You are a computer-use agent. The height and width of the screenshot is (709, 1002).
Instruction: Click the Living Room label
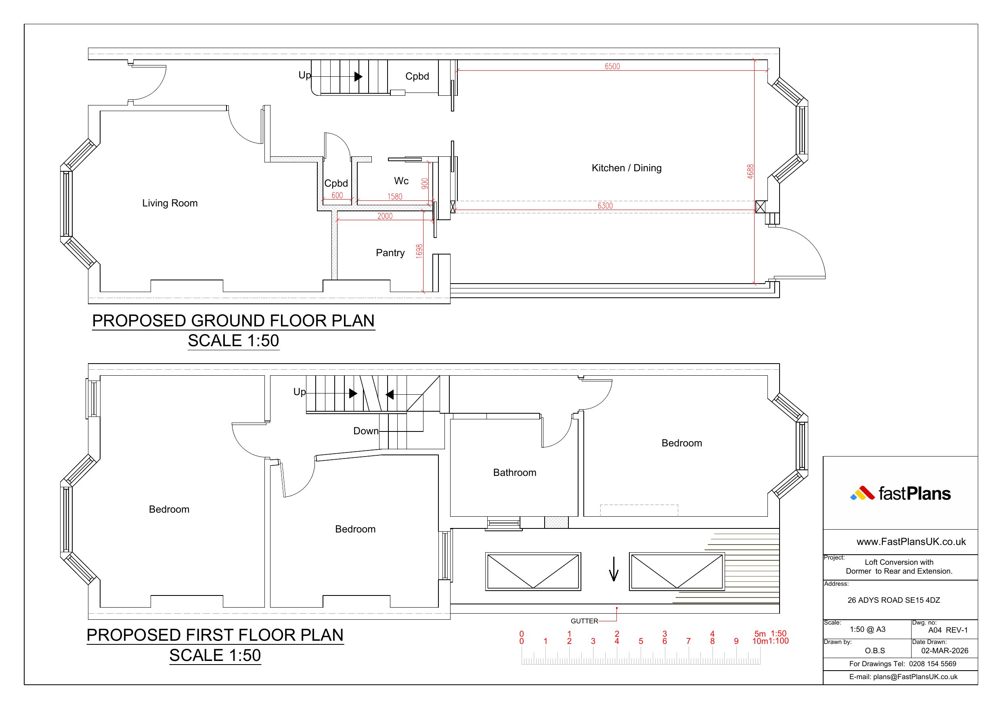(170, 203)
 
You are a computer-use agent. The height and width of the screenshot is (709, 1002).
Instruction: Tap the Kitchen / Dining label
(626, 168)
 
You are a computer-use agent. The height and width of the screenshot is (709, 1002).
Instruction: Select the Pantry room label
(390, 253)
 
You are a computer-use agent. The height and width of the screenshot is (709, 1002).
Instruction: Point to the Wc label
(401, 181)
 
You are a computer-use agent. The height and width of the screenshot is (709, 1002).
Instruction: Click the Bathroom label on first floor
(515, 473)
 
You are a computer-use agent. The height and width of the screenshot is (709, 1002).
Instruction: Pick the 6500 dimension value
(612, 66)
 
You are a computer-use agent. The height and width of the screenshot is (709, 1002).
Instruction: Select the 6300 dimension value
(605, 206)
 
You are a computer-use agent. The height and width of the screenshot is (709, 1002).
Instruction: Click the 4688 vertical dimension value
(750, 171)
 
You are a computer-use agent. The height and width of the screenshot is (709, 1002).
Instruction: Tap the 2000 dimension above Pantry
(385, 216)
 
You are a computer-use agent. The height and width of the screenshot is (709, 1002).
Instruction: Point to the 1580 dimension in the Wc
(395, 197)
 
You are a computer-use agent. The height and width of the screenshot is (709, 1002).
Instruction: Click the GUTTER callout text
(584, 621)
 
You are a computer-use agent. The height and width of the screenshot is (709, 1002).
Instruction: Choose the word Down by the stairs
(366, 431)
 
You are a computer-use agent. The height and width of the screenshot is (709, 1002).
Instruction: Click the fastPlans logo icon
(862, 493)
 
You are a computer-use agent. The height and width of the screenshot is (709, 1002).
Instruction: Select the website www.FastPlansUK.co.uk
(911, 542)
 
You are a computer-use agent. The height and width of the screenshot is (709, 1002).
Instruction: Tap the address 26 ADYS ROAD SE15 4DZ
(894, 600)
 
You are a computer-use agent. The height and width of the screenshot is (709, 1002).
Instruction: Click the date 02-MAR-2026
(945, 650)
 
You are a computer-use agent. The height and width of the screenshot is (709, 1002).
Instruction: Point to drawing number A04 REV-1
(948, 630)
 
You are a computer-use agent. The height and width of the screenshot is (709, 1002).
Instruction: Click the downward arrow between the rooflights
(614, 569)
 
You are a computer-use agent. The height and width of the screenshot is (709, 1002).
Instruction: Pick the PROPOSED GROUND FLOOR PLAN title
(233, 321)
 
